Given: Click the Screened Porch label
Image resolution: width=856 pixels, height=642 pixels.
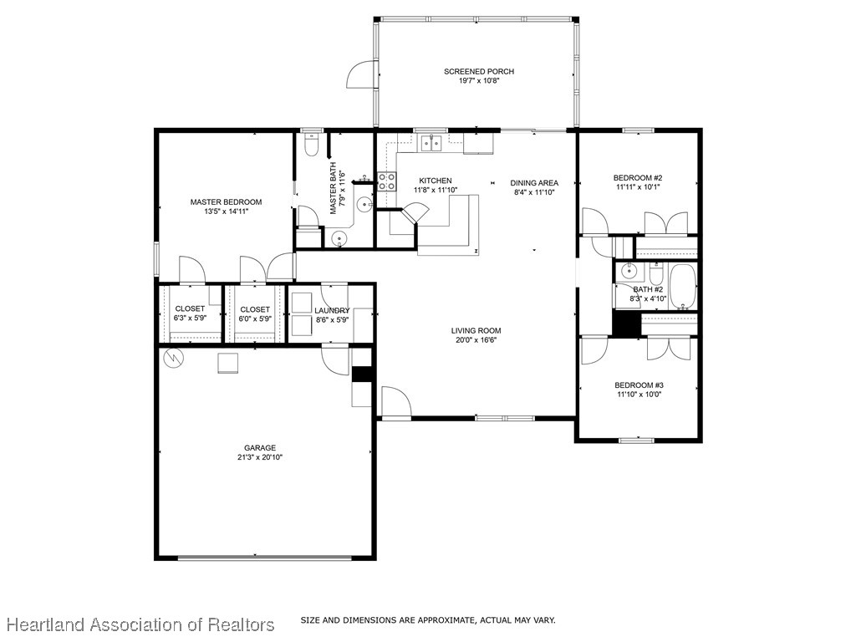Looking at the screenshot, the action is coord(479,71).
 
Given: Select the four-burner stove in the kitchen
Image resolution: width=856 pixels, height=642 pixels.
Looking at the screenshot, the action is coord(386,181).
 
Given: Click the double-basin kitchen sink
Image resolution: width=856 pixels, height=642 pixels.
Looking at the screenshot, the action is coord(431,143).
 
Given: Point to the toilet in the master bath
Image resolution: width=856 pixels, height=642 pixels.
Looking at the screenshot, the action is coord(311,145).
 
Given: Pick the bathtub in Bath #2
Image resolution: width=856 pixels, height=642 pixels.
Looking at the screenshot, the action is coord(682,287).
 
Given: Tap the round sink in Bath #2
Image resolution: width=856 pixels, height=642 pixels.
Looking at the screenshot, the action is coord(629,270).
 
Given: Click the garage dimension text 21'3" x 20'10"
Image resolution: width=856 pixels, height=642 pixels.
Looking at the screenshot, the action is coord(260,457).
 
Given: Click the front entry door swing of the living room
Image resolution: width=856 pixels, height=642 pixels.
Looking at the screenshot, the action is coord(395,402).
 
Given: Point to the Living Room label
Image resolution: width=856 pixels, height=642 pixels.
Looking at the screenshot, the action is coord(476,330).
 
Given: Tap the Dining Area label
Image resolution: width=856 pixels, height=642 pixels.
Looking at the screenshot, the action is coord(534,183).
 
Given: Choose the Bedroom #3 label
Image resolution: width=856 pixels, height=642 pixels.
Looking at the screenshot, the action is coord(639,385).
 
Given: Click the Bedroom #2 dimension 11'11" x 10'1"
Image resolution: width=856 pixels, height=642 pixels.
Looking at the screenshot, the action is coord(638,186).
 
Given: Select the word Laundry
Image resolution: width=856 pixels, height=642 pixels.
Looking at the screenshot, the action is coord(332,311).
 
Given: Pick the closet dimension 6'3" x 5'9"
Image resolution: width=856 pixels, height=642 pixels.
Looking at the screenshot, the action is coord(190,318).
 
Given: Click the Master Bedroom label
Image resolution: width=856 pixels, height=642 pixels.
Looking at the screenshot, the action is coord(226,202).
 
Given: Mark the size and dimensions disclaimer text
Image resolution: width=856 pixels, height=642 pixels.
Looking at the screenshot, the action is coord(428,620).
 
